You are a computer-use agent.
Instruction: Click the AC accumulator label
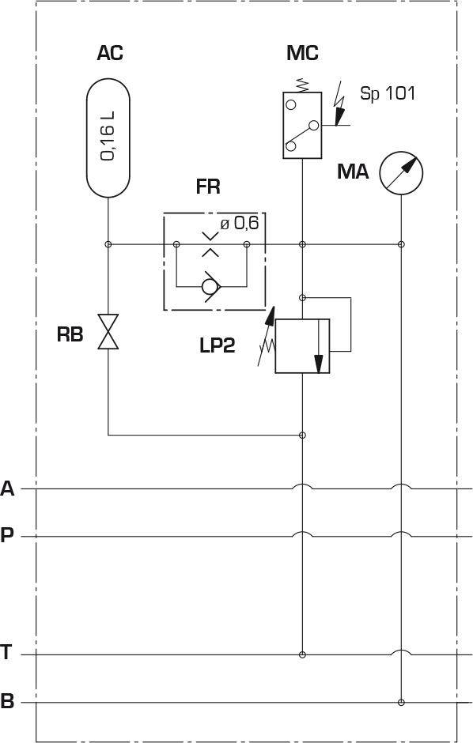[110, 53]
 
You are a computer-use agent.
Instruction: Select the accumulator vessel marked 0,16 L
[108, 138]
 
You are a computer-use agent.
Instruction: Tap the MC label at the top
[302, 53]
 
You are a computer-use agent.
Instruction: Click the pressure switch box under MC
[302, 125]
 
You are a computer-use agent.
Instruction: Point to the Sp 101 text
[388, 93]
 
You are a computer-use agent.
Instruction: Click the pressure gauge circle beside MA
[401, 173]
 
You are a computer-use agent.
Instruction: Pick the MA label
[353, 172]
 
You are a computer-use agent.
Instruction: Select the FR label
[208, 187]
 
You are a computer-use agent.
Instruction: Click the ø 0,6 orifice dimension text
[240, 222]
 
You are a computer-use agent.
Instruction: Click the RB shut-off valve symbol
[108, 332]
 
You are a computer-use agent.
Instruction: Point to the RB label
[70, 334]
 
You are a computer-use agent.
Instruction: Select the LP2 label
[217, 345]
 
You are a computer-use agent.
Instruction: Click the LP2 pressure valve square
[302, 346]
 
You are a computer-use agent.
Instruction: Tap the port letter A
[8, 488]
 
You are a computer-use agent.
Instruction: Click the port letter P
[7, 535]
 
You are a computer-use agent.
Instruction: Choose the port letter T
[6, 652]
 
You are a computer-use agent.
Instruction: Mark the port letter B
[7, 701]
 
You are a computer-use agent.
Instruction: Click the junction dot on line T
[302, 654]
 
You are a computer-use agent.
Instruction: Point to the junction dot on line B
[402, 702]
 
